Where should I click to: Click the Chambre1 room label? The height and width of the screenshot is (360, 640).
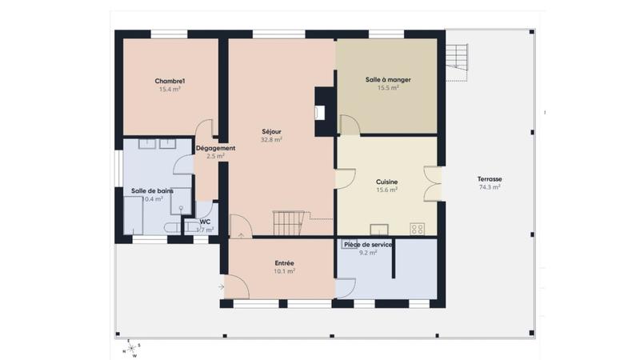[x=170, y=81]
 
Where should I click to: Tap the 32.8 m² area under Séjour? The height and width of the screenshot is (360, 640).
[x=272, y=139]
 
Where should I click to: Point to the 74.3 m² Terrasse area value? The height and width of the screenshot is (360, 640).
[x=489, y=187]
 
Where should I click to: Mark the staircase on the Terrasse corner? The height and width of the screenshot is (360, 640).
[x=457, y=60]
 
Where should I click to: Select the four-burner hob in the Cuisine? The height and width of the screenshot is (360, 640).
[x=417, y=229]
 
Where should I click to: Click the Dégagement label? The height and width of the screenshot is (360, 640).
[x=215, y=148]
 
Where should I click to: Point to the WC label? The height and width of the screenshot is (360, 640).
[x=205, y=222]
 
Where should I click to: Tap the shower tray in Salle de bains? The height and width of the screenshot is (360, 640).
[x=181, y=201]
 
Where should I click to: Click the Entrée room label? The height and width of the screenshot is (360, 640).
[x=284, y=262]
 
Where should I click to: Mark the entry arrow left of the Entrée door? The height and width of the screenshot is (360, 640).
[x=220, y=286]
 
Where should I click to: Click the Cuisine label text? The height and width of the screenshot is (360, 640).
[x=387, y=182]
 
